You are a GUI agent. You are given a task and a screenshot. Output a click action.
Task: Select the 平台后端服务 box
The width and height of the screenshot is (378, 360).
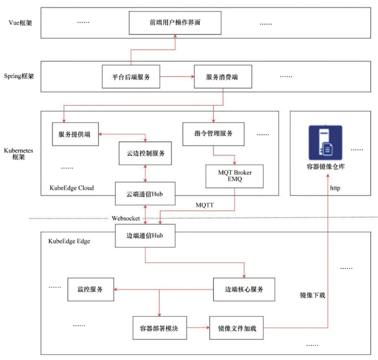click(131, 77)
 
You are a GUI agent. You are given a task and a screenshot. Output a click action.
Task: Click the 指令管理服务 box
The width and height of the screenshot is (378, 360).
click(214, 134)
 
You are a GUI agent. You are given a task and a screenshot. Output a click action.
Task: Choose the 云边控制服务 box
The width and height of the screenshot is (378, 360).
click(145, 153)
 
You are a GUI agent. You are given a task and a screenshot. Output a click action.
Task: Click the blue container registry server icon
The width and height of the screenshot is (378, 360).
click(325, 142)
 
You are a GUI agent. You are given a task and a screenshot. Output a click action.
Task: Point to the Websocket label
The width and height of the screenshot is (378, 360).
click(127, 218)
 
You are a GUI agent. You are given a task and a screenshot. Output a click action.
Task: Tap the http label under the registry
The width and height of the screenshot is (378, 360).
click(335, 188)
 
